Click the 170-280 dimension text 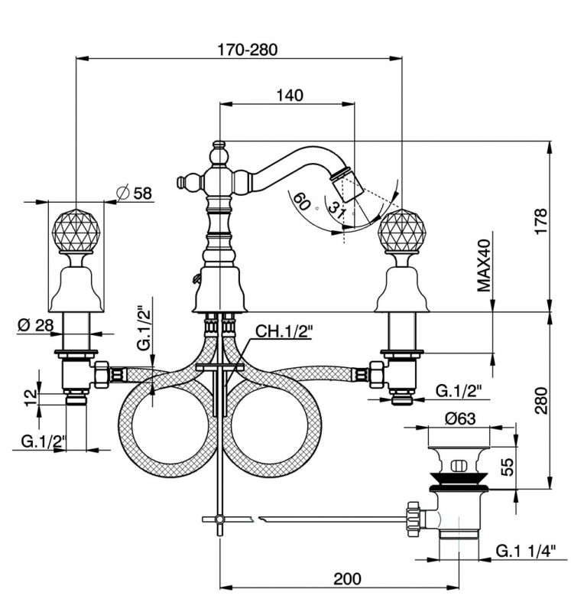click(x=247, y=50)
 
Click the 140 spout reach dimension click(x=290, y=95)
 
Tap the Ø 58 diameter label click(x=135, y=193)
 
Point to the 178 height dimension click(x=540, y=221)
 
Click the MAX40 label click(x=484, y=265)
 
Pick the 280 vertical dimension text click(x=541, y=400)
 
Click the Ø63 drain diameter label click(x=460, y=418)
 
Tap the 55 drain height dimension click(x=507, y=467)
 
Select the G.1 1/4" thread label click(x=526, y=551)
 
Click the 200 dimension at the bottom click(x=347, y=579)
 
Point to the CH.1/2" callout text click(x=284, y=331)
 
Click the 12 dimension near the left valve click(x=31, y=398)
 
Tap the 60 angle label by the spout click(x=301, y=201)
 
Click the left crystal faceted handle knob click(x=76, y=232)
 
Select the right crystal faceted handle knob click(x=402, y=232)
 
